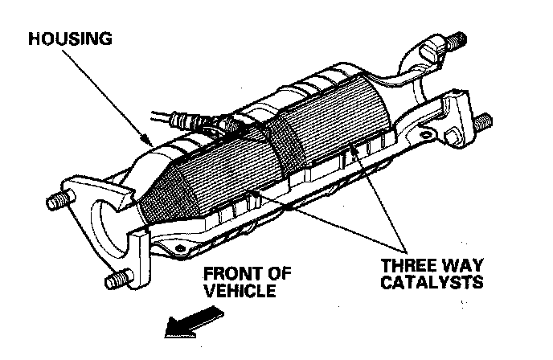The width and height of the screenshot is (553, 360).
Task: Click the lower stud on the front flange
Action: [114, 281]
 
